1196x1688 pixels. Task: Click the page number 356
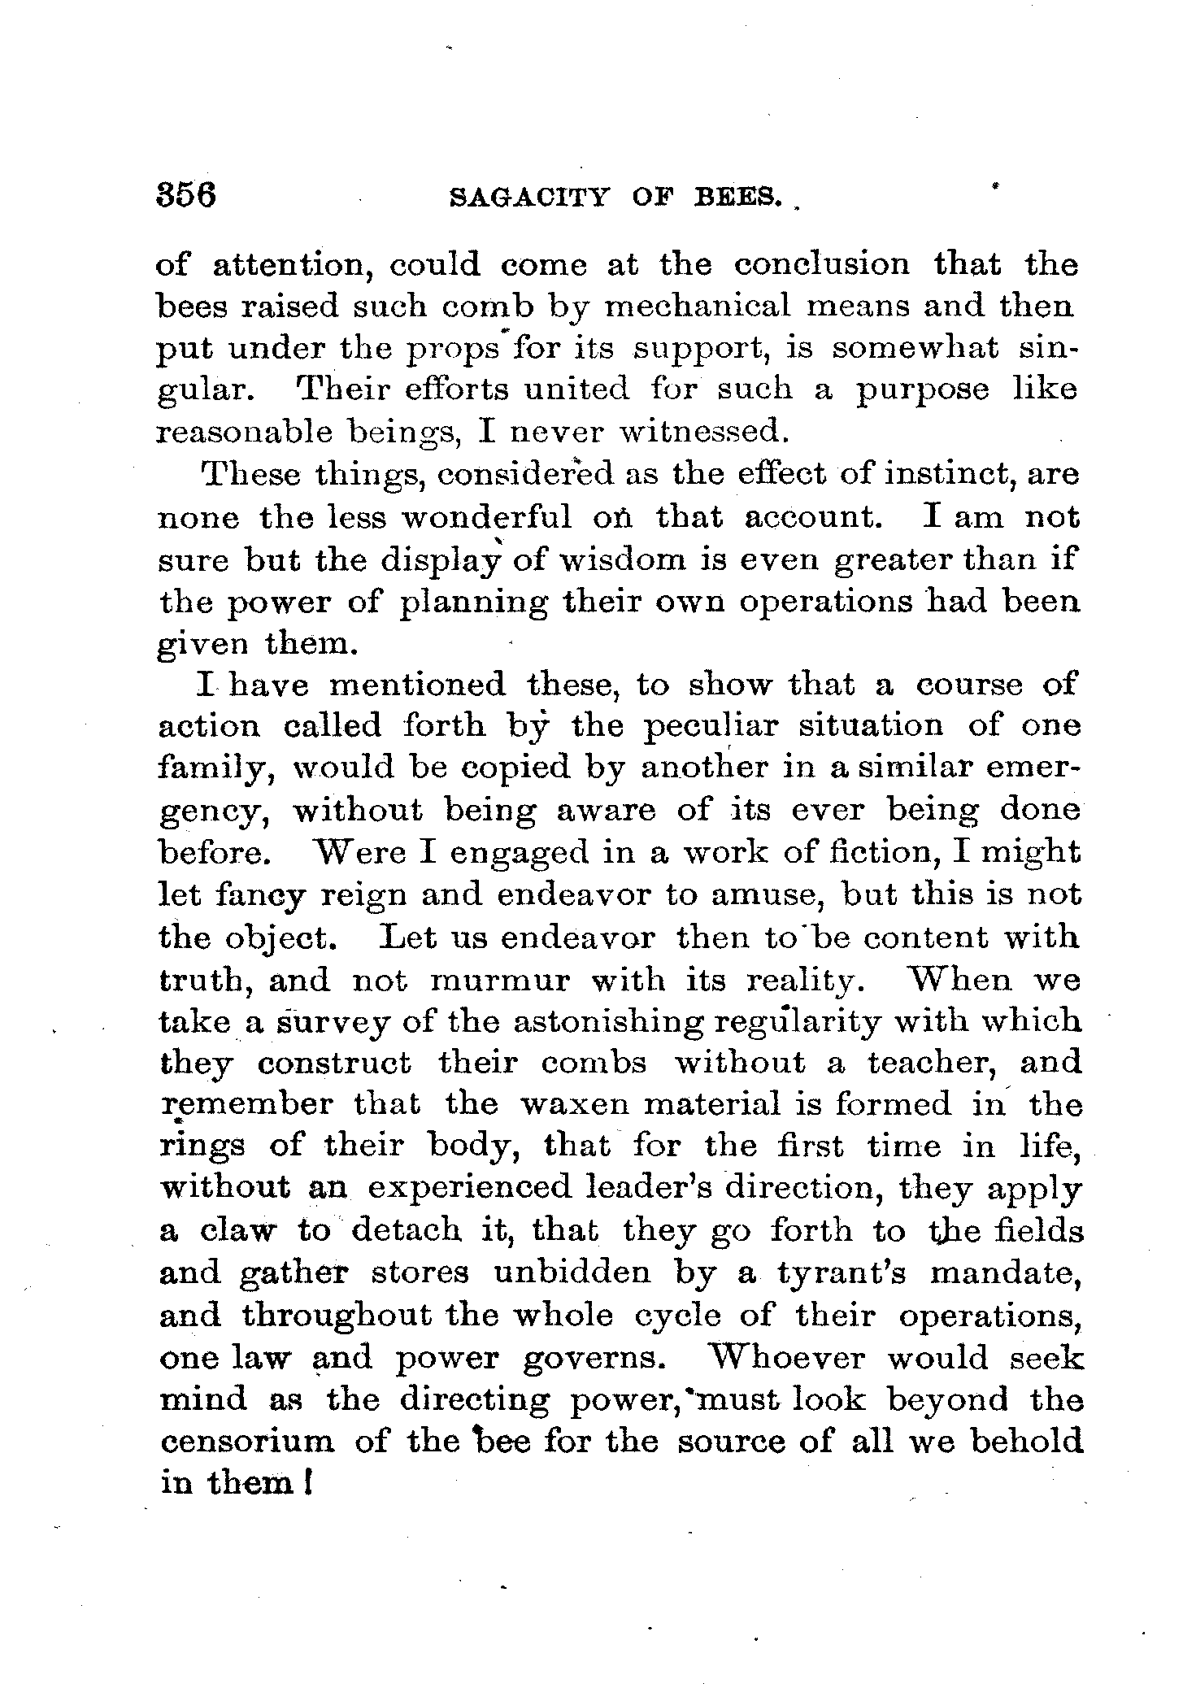[187, 197]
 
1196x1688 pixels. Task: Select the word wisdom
[611, 559]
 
